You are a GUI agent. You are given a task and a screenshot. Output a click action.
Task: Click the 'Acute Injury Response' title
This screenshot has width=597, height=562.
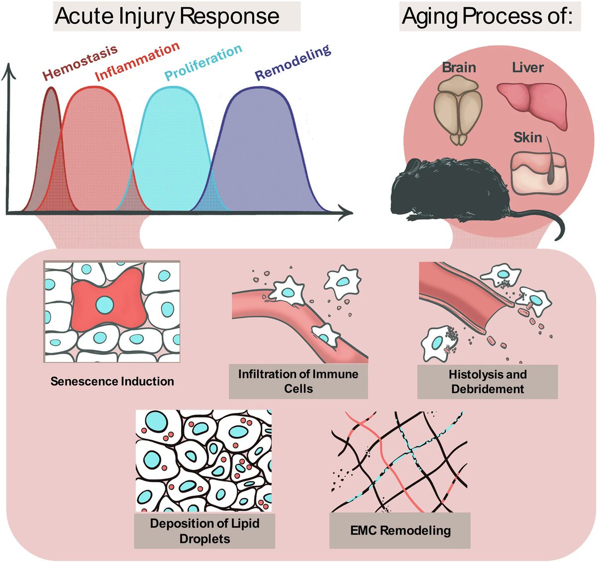167,16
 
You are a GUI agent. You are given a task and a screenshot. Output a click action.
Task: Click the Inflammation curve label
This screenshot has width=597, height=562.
137,62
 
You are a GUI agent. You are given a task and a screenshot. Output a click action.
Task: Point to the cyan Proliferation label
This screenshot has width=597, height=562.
203,62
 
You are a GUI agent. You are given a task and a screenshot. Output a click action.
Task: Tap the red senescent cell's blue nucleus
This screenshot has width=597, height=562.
104,304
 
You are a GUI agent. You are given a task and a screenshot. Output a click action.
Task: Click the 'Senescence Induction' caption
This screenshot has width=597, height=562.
112,382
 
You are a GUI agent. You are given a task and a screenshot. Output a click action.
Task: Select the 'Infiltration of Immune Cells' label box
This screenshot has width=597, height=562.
298,381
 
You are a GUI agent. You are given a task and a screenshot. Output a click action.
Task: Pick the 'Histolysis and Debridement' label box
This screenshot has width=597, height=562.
487,381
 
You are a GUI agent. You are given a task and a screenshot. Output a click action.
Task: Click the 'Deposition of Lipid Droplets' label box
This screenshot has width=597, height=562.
204,531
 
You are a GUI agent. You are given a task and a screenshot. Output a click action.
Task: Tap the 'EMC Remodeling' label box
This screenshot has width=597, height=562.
400,531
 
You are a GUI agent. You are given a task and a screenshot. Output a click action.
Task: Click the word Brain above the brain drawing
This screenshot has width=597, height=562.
459,67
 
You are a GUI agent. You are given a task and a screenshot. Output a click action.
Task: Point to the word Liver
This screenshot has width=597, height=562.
528,67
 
